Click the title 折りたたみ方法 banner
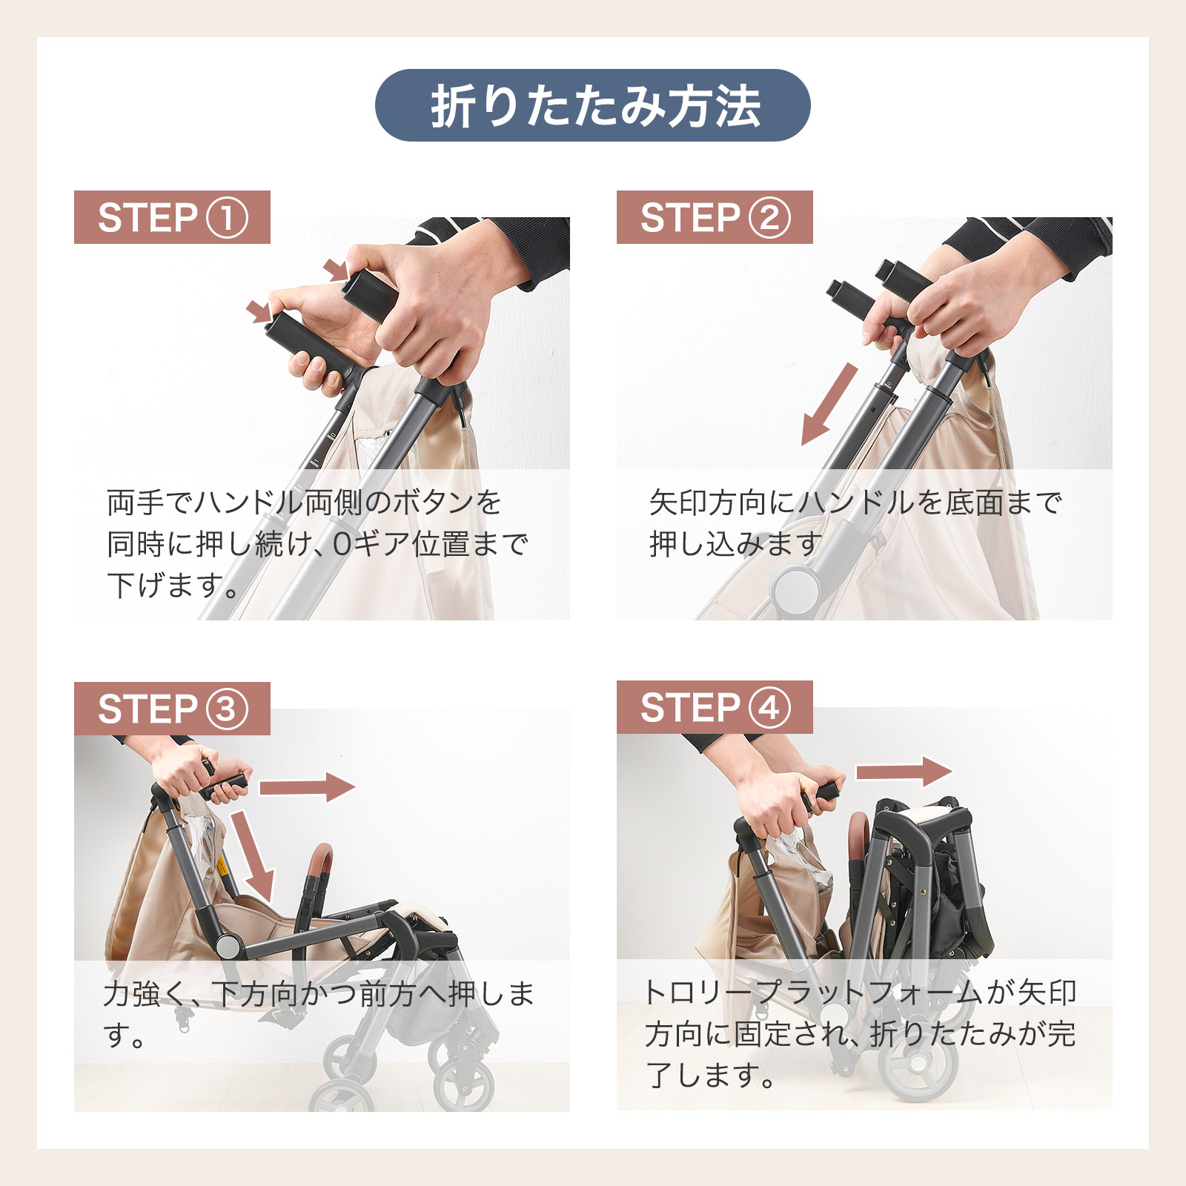click(592, 105)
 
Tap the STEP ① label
click(172, 217)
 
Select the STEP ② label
click(715, 217)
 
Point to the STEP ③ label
click(172, 709)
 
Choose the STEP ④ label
click(715, 707)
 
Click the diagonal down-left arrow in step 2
click(829, 405)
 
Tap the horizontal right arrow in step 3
click(308, 787)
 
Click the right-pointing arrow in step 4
click(904, 772)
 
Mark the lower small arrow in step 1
click(260, 311)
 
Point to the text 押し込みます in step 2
click(736, 544)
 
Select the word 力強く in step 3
click(145, 994)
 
